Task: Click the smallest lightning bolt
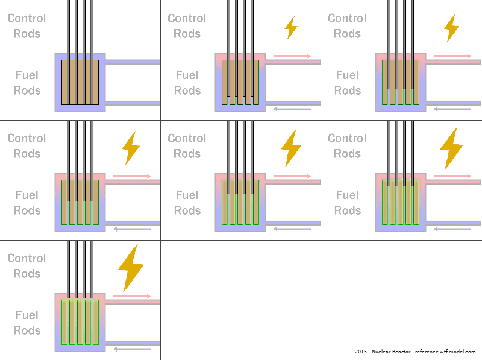291,28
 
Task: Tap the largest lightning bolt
130,267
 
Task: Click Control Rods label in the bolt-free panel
27,26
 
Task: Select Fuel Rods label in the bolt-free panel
27,83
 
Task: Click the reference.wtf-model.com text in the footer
445,352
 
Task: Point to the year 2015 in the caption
361,352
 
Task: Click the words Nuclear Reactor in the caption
391,352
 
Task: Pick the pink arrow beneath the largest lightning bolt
132,296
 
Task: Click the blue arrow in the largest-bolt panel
132,349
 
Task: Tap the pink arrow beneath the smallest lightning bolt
292,56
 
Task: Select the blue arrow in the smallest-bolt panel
292,109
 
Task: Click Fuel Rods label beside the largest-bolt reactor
27,323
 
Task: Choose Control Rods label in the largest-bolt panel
27,266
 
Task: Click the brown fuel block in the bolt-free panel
80,82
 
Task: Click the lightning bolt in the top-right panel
451,28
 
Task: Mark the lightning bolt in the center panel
291,148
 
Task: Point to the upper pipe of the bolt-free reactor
133,62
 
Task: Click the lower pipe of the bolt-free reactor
133,103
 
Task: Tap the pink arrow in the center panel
292,176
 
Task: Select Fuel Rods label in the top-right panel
348,83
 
